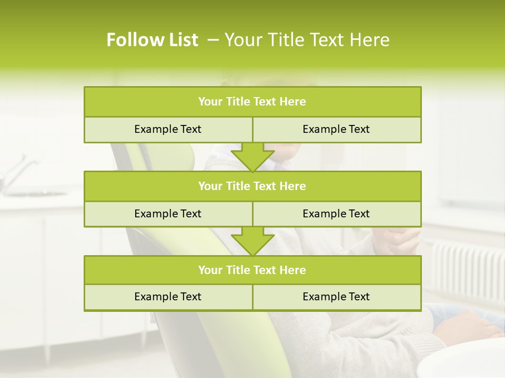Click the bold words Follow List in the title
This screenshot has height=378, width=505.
(x=153, y=40)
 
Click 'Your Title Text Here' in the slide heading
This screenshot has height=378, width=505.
(x=307, y=40)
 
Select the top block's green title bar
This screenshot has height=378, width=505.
(x=252, y=102)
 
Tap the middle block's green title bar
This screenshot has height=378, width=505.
(x=252, y=186)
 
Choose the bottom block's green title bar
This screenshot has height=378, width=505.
(x=252, y=270)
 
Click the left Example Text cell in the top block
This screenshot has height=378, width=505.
(x=168, y=129)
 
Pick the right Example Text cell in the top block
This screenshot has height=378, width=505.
(x=336, y=129)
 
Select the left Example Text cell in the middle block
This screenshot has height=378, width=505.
(x=168, y=214)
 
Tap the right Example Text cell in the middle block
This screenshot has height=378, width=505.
(x=336, y=214)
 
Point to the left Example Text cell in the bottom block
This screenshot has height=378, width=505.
(x=168, y=297)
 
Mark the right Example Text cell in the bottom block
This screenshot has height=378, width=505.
(x=336, y=297)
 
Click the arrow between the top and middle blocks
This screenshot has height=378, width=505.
(x=252, y=157)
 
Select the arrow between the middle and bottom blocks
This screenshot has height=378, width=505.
(x=252, y=241)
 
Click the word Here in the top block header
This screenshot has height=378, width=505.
(x=293, y=102)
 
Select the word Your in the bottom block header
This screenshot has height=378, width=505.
(x=209, y=270)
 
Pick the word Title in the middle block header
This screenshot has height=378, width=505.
(x=238, y=186)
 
